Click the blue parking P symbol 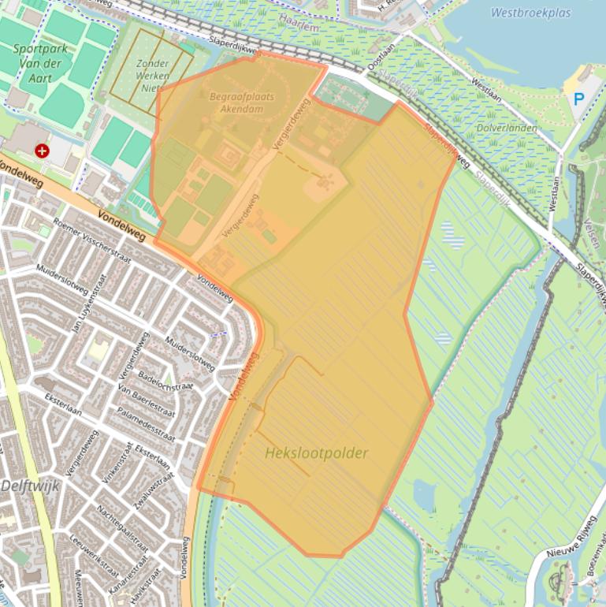tap(579, 99)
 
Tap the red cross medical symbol tap(42, 150)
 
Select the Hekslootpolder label tap(316, 453)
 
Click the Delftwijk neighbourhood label tap(29, 486)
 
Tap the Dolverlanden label tap(507, 128)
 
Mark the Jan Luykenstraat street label tap(85, 303)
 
